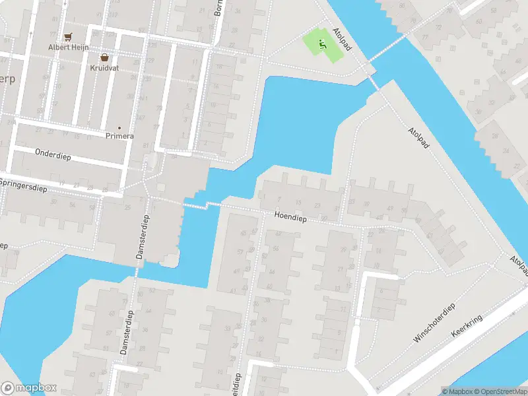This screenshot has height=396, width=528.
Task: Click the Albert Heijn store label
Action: click(67, 47)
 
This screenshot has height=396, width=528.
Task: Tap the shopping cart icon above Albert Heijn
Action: click(67, 37)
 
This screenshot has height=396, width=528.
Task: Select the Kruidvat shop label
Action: click(104, 67)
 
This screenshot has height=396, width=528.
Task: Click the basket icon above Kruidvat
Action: click(104, 57)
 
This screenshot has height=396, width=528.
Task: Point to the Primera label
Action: click(119, 136)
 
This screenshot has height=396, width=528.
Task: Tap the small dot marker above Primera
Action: click(119, 127)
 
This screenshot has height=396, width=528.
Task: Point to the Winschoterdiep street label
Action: click(434, 323)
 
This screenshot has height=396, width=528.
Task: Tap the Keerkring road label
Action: click(467, 327)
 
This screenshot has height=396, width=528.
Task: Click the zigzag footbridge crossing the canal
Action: click(205, 205)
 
